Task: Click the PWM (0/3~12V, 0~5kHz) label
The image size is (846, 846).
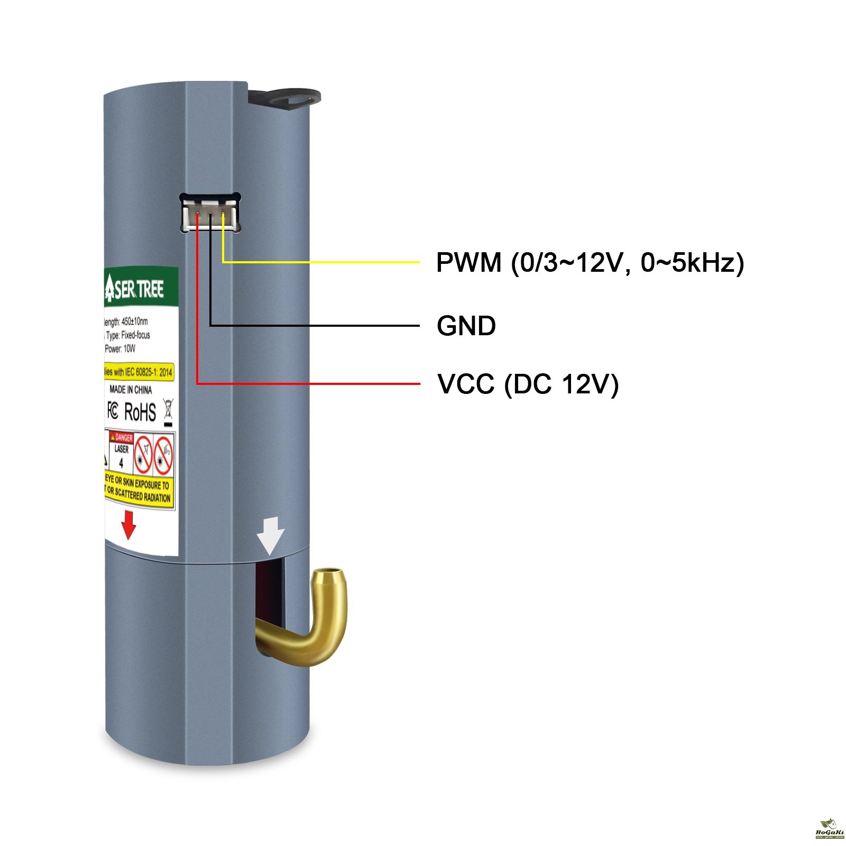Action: [x=590, y=263]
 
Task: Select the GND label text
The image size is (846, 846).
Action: [x=466, y=326]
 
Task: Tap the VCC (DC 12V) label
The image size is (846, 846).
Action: [x=528, y=384]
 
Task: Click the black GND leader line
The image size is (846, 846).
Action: [x=317, y=325]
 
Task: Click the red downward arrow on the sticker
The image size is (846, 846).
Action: [x=128, y=525]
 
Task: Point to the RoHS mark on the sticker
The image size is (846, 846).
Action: [x=140, y=412]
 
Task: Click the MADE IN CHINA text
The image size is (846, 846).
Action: [x=131, y=390]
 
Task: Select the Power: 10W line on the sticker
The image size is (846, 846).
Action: [x=120, y=349]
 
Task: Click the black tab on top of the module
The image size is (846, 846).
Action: [x=286, y=98]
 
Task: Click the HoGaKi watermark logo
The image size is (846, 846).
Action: [x=829, y=829]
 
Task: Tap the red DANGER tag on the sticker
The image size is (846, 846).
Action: [x=122, y=437]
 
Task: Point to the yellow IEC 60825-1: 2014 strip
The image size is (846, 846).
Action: [x=139, y=372]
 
